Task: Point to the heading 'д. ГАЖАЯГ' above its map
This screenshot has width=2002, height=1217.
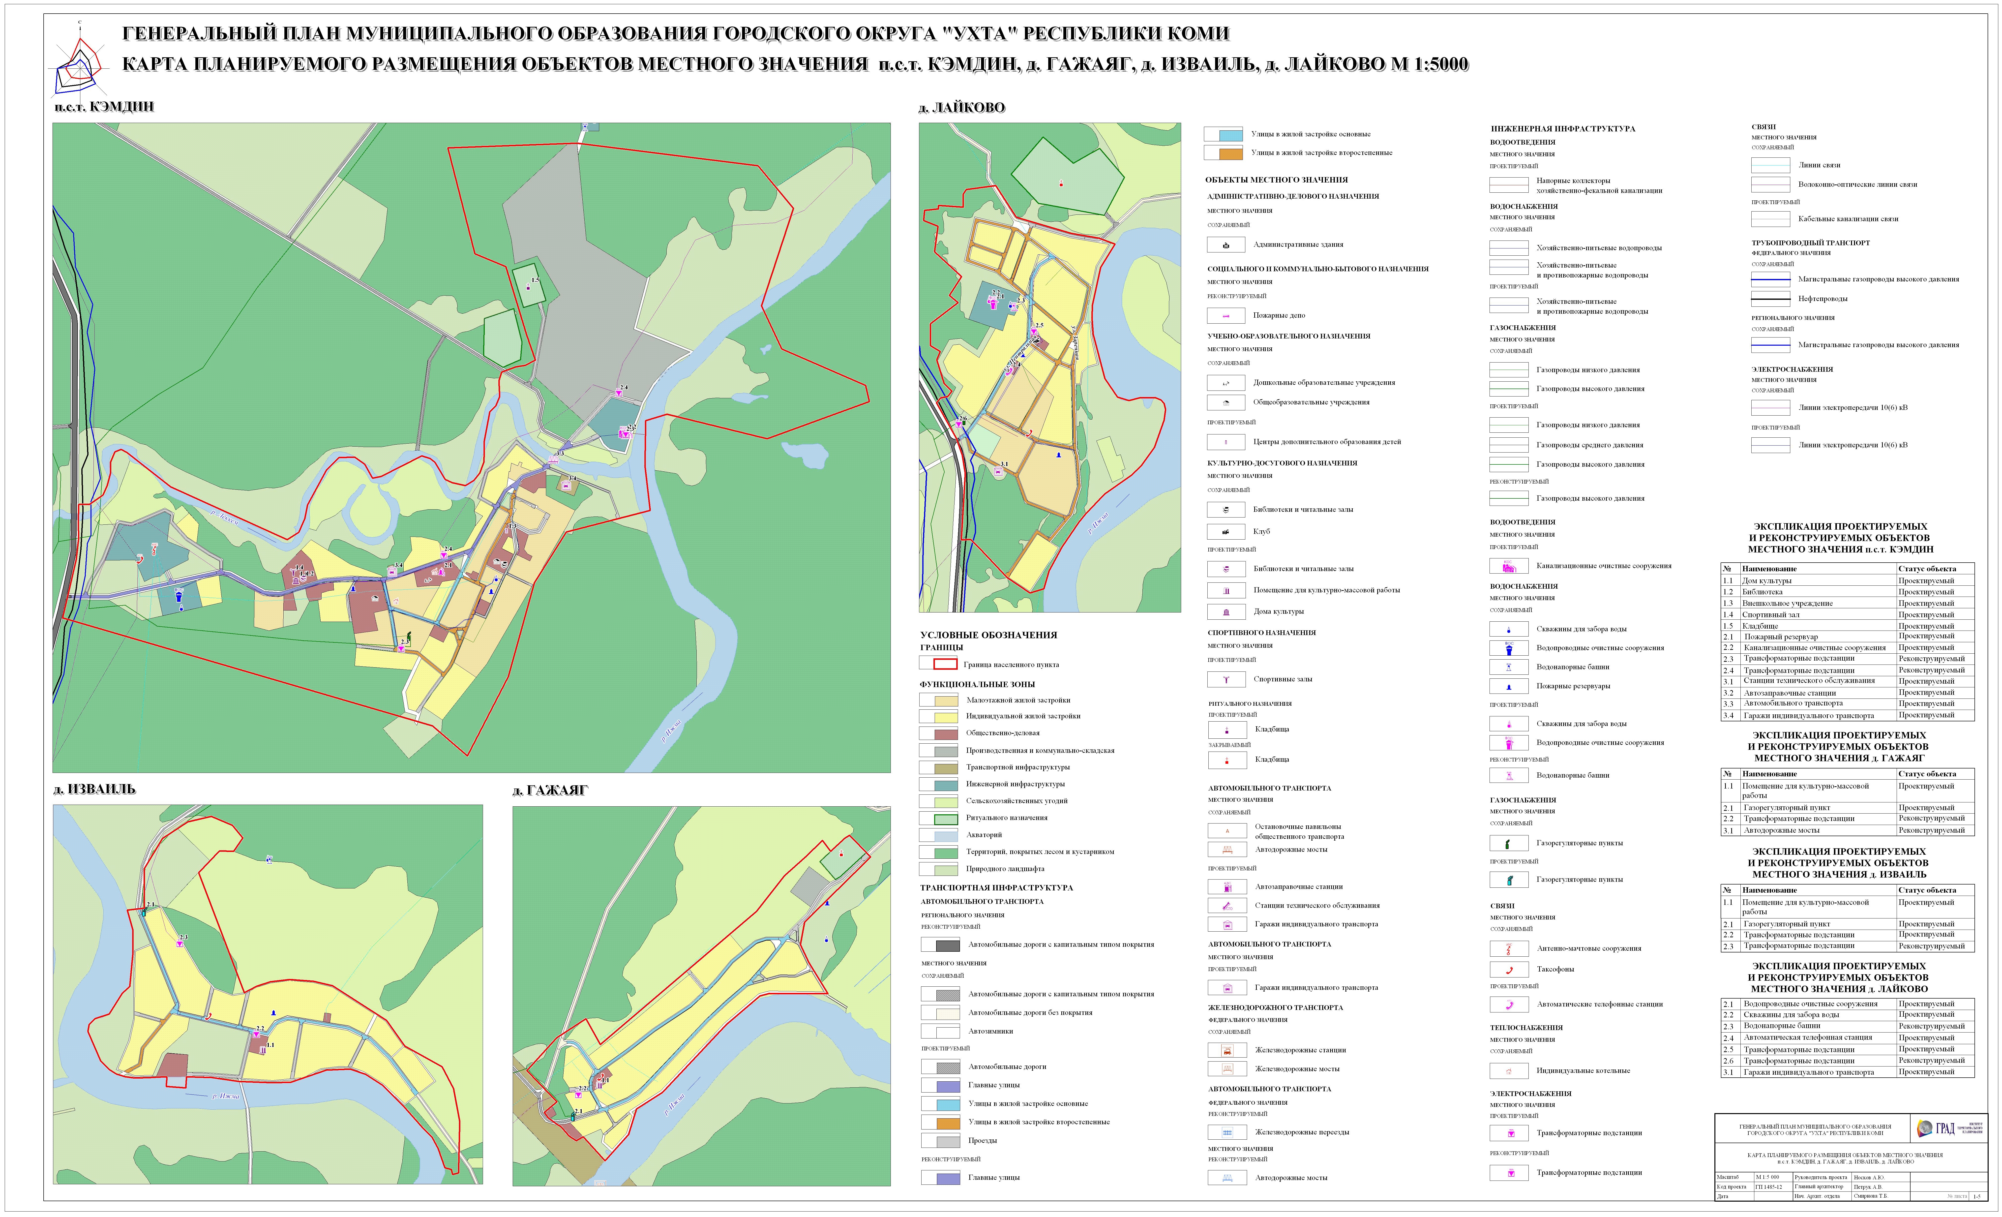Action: pos(550,791)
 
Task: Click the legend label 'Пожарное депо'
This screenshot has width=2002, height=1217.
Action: pos(1279,315)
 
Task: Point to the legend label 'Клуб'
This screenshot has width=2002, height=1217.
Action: pos(1261,531)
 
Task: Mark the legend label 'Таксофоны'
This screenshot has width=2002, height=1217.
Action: pos(1555,969)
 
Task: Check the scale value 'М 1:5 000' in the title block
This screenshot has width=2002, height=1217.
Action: pos(1767,1177)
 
